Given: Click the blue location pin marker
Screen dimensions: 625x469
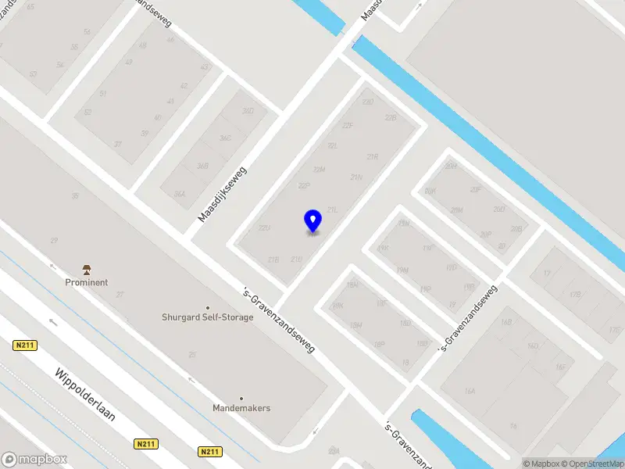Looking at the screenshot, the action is click(312, 220).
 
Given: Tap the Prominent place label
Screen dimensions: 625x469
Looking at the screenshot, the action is click(87, 282).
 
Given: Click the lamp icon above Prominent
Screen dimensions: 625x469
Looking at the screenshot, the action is click(87, 269).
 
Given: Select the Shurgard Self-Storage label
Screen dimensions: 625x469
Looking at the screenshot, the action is click(208, 317).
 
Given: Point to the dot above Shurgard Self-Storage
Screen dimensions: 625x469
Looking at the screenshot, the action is click(208, 307).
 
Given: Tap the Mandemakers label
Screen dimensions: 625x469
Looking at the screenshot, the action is click(241, 408).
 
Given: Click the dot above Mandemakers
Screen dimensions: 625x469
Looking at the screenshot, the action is click(241, 398).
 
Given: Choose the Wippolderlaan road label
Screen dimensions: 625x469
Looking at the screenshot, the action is click(85, 395).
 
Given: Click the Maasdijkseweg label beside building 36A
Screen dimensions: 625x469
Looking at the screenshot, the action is click(222, 193).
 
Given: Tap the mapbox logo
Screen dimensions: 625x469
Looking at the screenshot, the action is click(34, 460).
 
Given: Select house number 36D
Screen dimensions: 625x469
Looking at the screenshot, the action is click(248, 111).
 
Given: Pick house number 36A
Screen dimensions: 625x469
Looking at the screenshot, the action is click(180, 193).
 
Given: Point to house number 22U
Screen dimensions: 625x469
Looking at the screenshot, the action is click(264, 227).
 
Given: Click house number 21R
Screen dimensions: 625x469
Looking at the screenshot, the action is click(372, 156).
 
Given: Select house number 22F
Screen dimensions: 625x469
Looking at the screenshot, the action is click(348, 125).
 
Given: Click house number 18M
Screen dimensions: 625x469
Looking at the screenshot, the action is click(355, 325).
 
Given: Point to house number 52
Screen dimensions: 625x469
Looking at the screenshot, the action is click(87, 113).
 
